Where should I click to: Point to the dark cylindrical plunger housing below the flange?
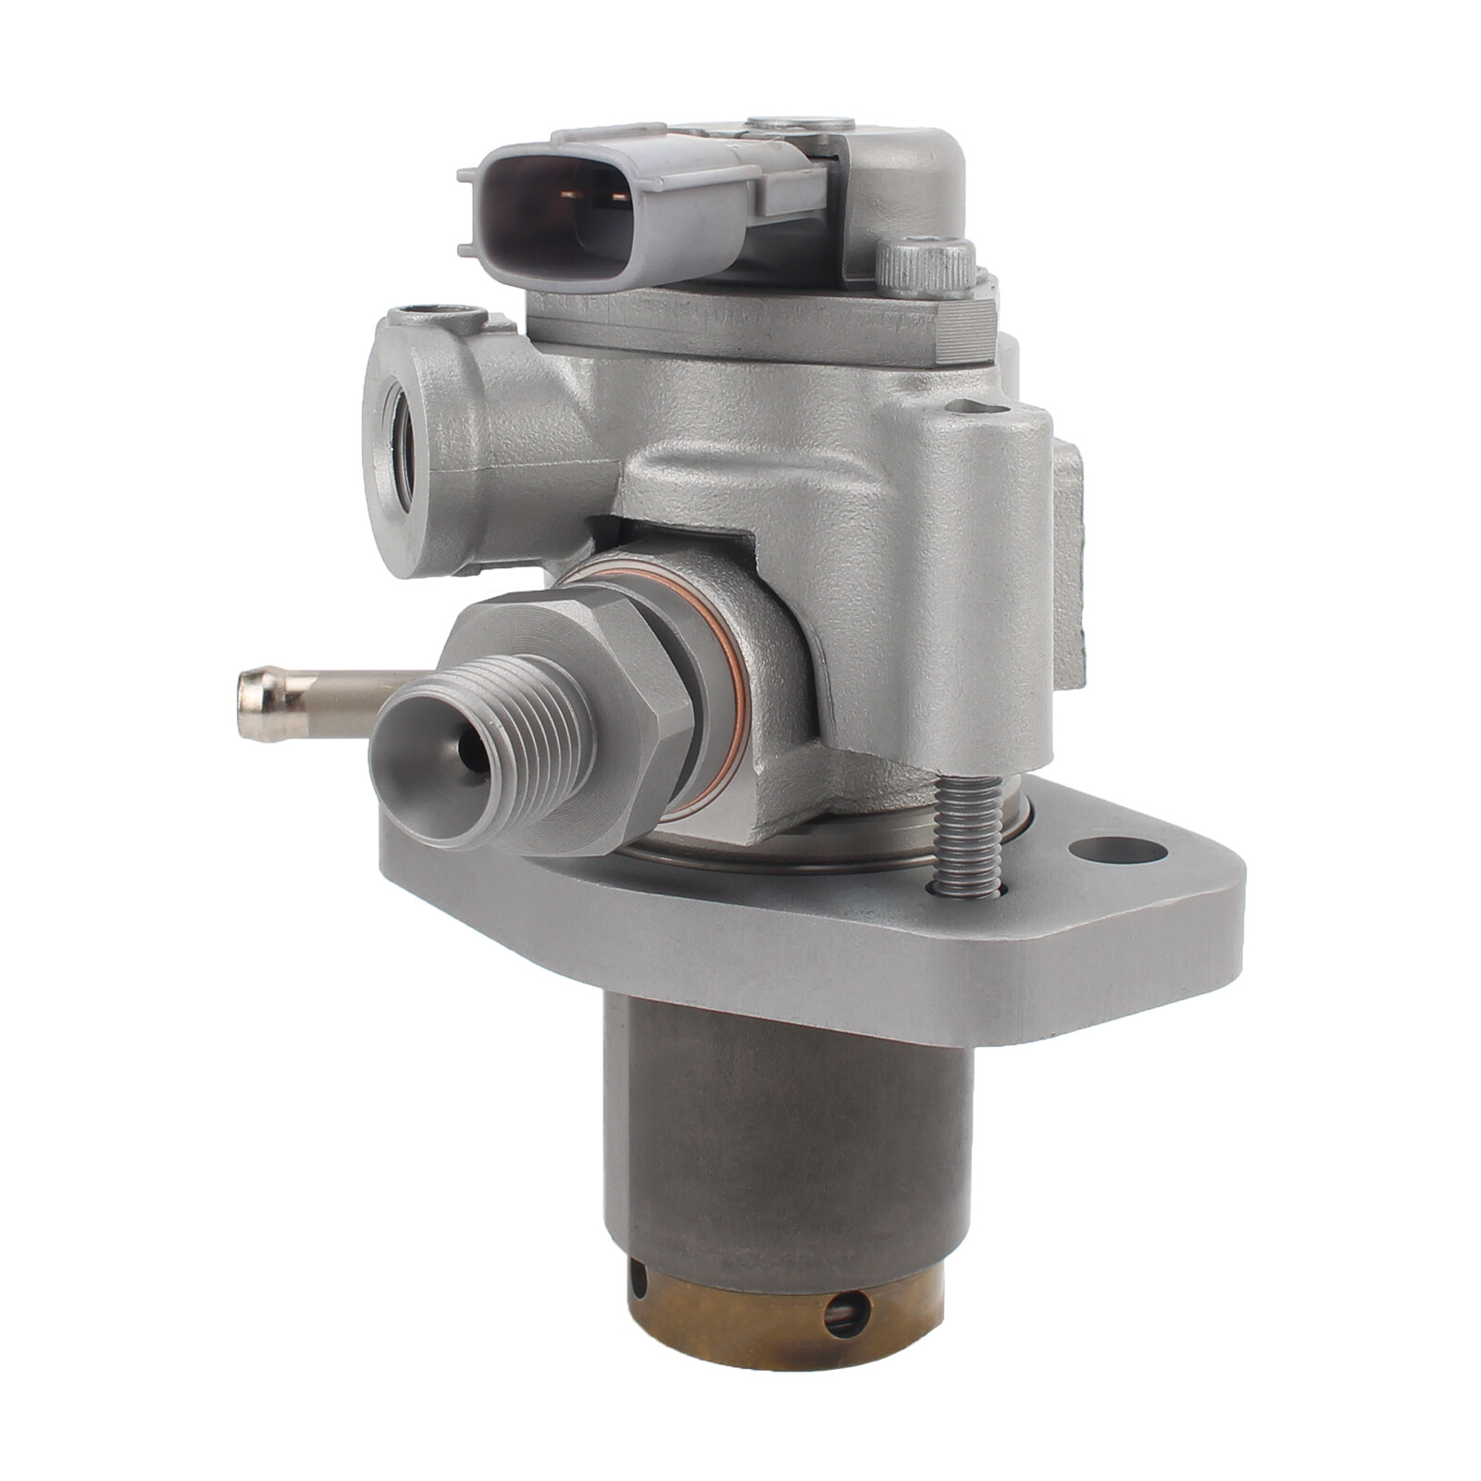coord(787,1129)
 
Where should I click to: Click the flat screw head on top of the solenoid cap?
coord(802,123)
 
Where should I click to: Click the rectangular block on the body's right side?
coord(1066,565)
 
